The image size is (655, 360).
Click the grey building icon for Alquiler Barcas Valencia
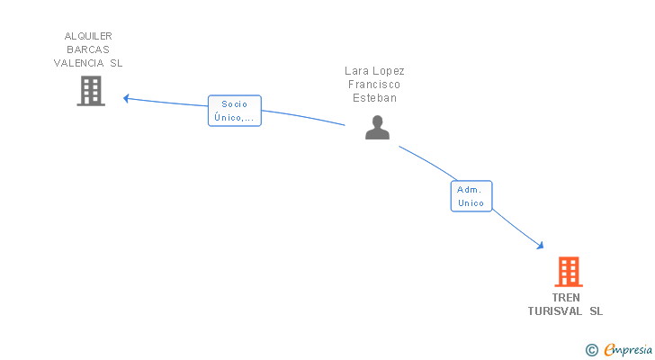(91, 91)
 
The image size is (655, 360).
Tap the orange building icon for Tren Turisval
(568, 271)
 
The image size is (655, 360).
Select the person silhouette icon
(377, 128)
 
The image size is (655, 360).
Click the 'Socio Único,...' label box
(235, 111)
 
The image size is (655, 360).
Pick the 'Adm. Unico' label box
(471, 196)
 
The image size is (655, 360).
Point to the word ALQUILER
(88, 36)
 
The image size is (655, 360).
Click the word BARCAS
(88, 49)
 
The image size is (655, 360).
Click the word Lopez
(390, 71)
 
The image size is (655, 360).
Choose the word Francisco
(374, 85)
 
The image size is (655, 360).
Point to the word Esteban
(374, 98)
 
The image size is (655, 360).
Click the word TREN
(566, 298)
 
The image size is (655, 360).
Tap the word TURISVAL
(555, 311)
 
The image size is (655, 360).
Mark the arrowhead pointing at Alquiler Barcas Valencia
(127, 98)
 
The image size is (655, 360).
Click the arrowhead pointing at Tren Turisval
(540, 245)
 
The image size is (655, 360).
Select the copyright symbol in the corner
(591, 350)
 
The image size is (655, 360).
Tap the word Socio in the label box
(234, 104)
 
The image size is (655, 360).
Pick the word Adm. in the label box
(470, 190)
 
